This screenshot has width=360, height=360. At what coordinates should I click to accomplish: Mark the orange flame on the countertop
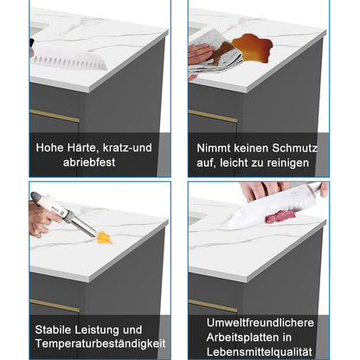click(104, 235)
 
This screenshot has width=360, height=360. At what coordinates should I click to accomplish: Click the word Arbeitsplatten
click(252, 337)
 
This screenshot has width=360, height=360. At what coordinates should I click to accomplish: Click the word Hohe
click(50, 146)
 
